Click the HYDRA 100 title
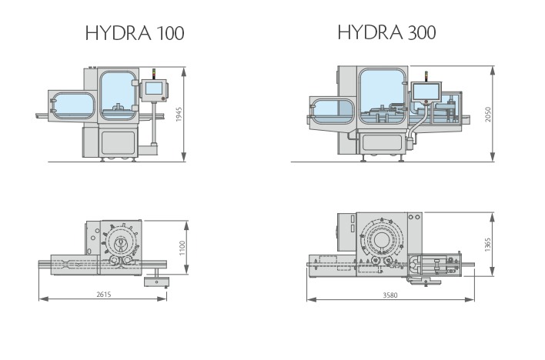(x=135, y=33)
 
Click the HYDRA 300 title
(x=386, y=32)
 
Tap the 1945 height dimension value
(x=179, y=114)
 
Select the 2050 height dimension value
(x=487, y=114)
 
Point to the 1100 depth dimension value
(x=182, y=248)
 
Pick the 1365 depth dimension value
(x=487, y=245)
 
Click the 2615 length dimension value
(x=104, y=295)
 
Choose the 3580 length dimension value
(x=390, y=295)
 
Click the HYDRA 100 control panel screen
(x=153, y=88)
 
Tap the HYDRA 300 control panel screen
(x=426, y=92)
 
